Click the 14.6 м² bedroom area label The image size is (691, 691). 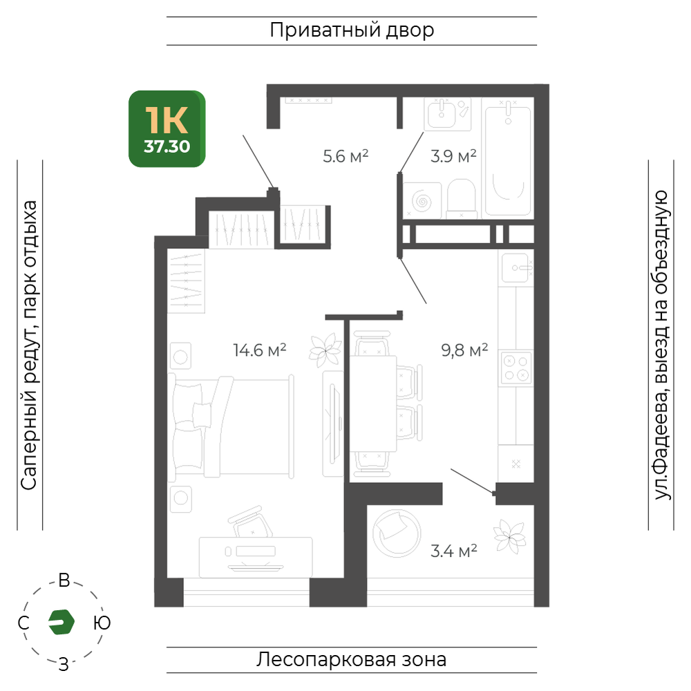tap(260, 350)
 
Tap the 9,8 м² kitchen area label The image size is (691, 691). tap(464, 350)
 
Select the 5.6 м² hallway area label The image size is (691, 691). tap(345, 156)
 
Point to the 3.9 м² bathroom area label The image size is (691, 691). tap(453, 156)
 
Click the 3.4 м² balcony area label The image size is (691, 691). tap(454, 551)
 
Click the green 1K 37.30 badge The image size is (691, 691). tap(167, 129)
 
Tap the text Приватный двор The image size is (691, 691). tap(352, 30)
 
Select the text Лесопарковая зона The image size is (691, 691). tap(352, 660)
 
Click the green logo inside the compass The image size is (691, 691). tap(61, 623)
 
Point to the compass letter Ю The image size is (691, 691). tap(102, 623)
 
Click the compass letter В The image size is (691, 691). tap(64, 581)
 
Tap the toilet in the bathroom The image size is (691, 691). tap(462, 199)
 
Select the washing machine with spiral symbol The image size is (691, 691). tap(422, 201)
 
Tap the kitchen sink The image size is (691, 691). tap(516, 267)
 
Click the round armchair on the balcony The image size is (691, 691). tap(397, 533)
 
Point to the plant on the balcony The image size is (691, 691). tap(510, 536)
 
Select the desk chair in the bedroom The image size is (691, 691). tap(250, 522)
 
